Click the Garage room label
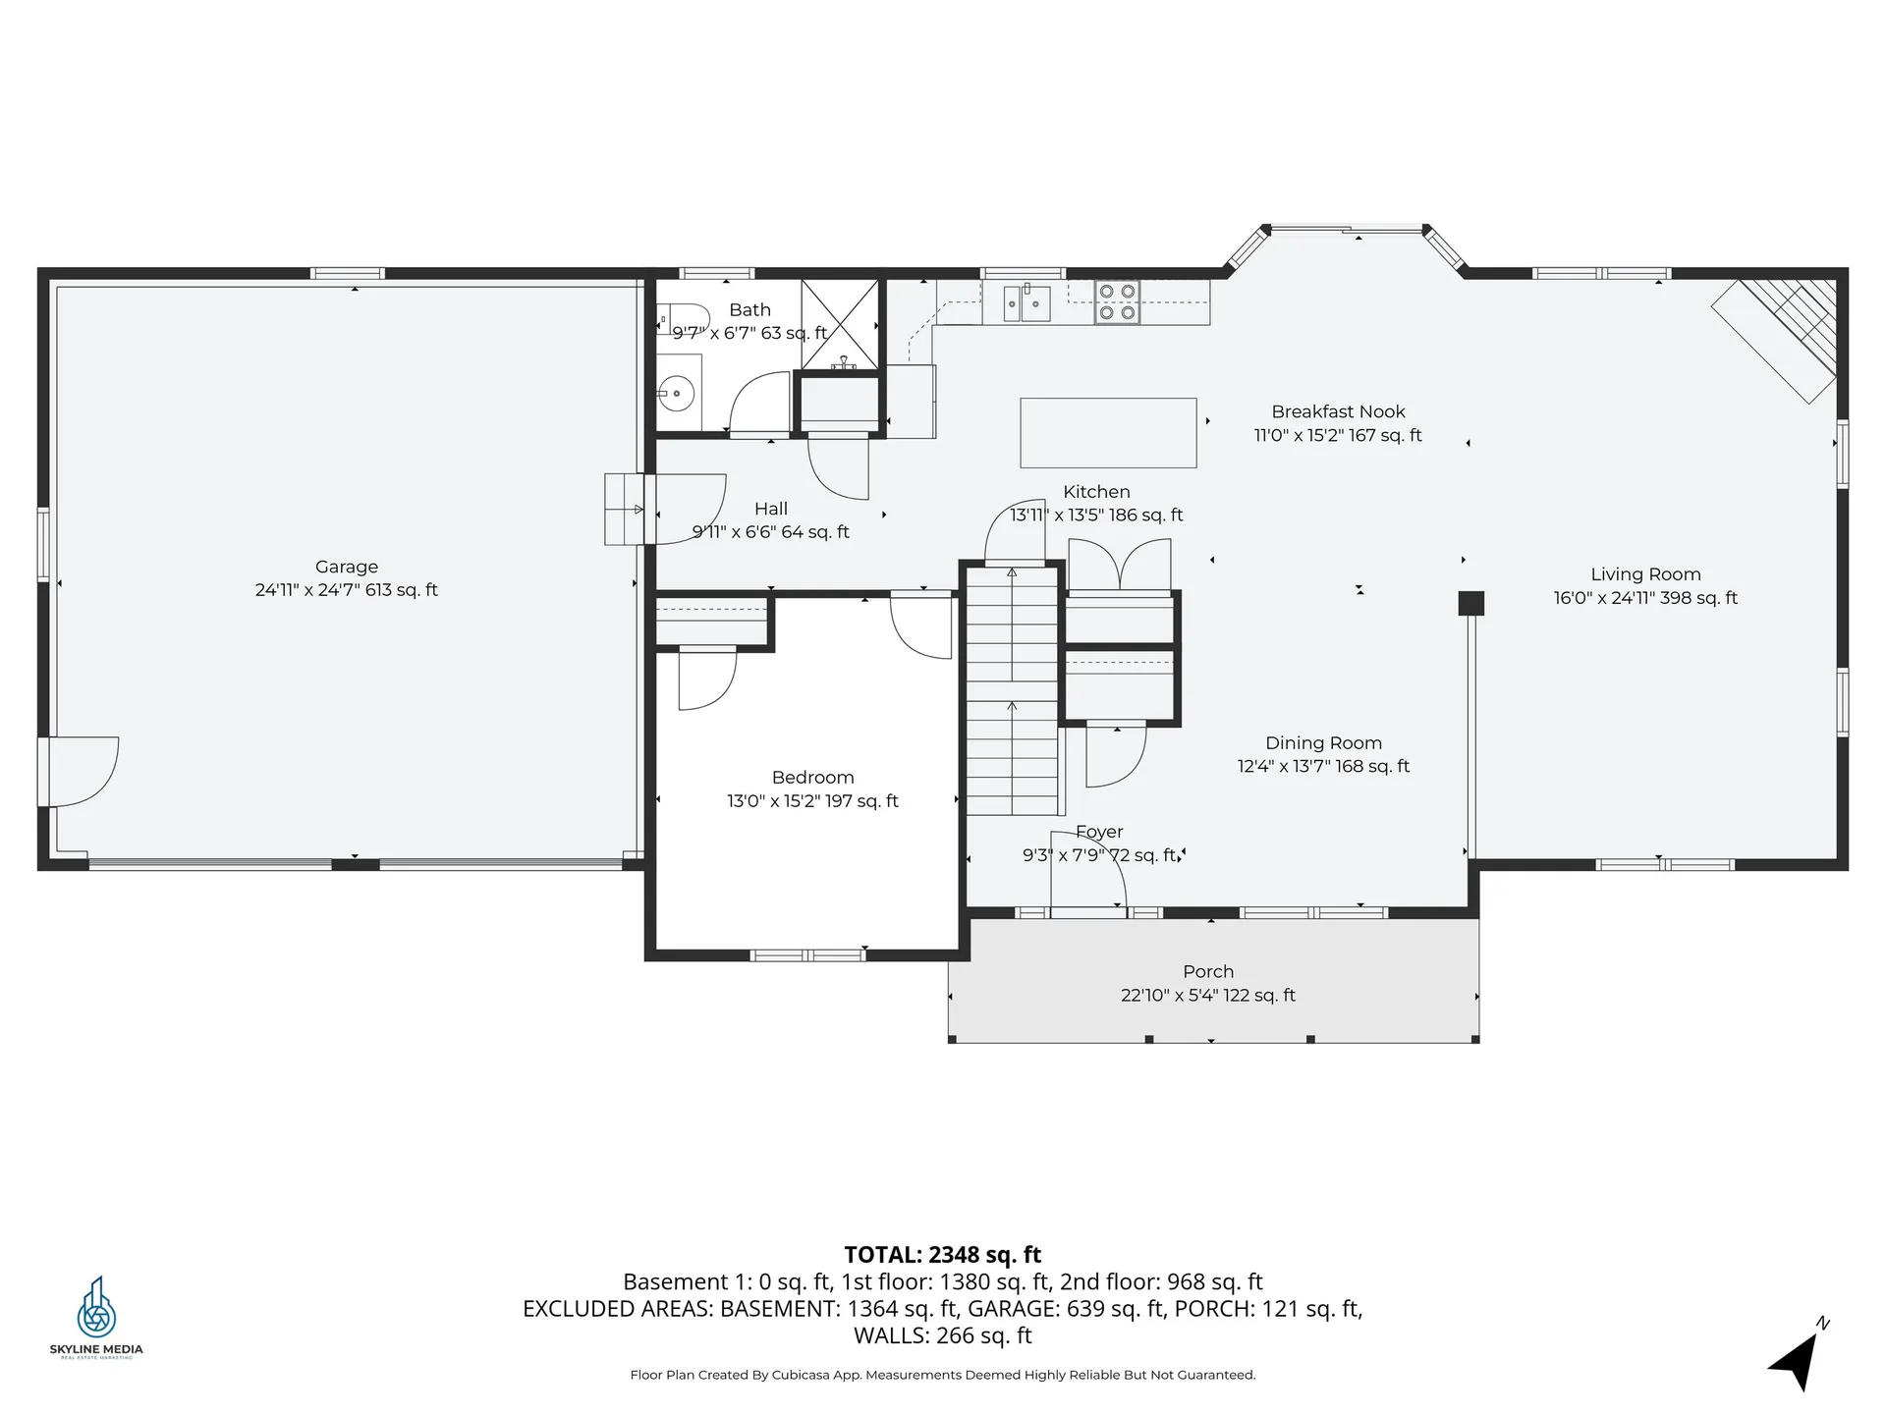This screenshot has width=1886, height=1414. [x=346, y=567]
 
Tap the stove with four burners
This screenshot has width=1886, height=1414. [x=1117, y=302]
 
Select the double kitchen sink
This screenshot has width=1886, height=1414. [x=1026, y=302]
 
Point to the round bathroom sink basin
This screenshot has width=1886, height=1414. [x=676, y=395]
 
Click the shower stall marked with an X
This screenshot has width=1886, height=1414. [x=840, y=324]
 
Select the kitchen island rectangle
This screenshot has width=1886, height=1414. [x=1108, y=433]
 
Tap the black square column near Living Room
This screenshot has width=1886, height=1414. [x=1470, y=603]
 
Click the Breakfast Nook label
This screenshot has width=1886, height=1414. [x=1338, y=412]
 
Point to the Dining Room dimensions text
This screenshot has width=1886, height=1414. [x=1323, y=767]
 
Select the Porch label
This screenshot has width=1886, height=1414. [x=1208, y=971]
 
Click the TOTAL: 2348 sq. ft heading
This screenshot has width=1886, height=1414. [x=942, y=1254]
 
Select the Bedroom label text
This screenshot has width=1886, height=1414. [x=812, y=778]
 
